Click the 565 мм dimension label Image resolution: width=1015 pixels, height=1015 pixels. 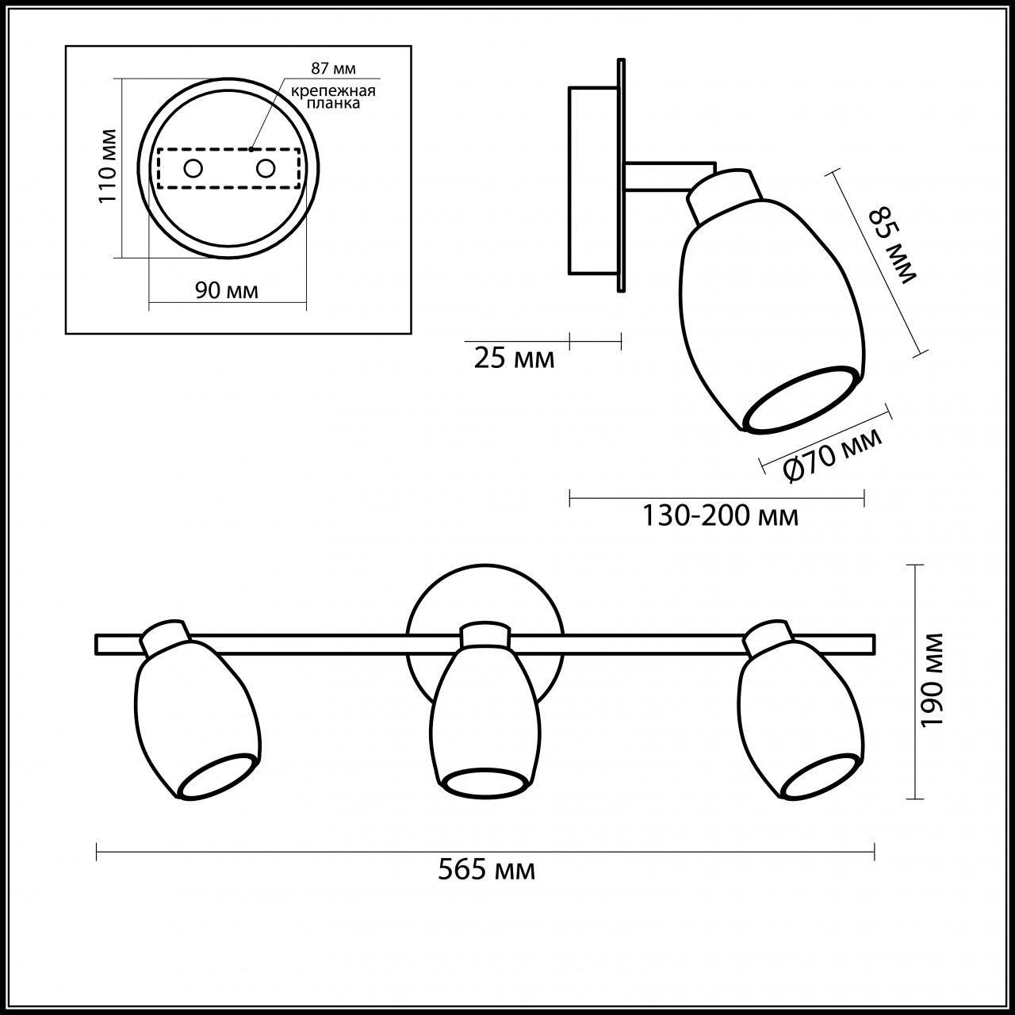tap(486, 871)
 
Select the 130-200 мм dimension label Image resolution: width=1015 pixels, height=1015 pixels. tap(719, 516)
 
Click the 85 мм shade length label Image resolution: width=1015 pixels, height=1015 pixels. tap(892, 245)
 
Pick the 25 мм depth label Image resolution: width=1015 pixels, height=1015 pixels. tap(514, 358)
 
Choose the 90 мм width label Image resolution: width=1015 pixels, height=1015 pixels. tap(227, 290)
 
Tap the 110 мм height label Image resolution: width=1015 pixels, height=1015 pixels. tap(108, 165)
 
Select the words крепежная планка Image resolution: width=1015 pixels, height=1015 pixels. tap(332, 97)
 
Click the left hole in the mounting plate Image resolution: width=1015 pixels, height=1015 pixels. tap(193, 168)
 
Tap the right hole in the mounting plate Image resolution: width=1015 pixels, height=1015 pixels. tap(265, 168)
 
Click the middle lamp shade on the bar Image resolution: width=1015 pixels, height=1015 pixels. tap(486, 714)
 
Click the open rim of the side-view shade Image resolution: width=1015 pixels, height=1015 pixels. tap(801, 400)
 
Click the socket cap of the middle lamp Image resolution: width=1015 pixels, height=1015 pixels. tap(485, 634)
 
